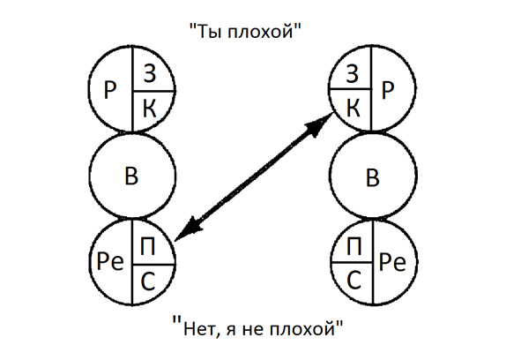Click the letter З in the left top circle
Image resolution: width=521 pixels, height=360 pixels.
(x=150, y=74)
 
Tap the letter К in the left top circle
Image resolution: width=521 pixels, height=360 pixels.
(x=150, y=109)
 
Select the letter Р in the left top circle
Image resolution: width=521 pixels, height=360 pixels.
(x=110, y=90)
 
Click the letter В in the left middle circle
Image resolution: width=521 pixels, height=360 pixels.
(x=131, y=176)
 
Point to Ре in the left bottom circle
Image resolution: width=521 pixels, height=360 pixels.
(x=110, y=261)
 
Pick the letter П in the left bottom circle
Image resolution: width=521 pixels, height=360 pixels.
(x=148, y=246)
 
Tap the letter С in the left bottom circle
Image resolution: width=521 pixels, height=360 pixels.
(x=148, y=281)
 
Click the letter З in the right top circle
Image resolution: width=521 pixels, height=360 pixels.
(x=353, y=74)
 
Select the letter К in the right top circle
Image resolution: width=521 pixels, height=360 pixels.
(x=354, y=109)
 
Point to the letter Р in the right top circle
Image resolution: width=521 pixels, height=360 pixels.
(x=388, y=90)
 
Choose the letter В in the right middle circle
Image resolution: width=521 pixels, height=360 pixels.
(x=373, y=177)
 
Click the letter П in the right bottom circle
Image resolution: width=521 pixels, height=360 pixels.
(x=354, y=246)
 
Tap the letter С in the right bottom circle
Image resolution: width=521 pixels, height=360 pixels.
(x=354, y=281)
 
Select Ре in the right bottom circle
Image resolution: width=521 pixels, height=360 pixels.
(x=392, y=262)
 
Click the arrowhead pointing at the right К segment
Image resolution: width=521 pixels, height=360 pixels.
(x=320, y=124)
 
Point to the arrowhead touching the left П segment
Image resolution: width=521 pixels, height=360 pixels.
(x=190, y=229)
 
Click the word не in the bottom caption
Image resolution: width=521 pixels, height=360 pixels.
(x=254, y=330)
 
